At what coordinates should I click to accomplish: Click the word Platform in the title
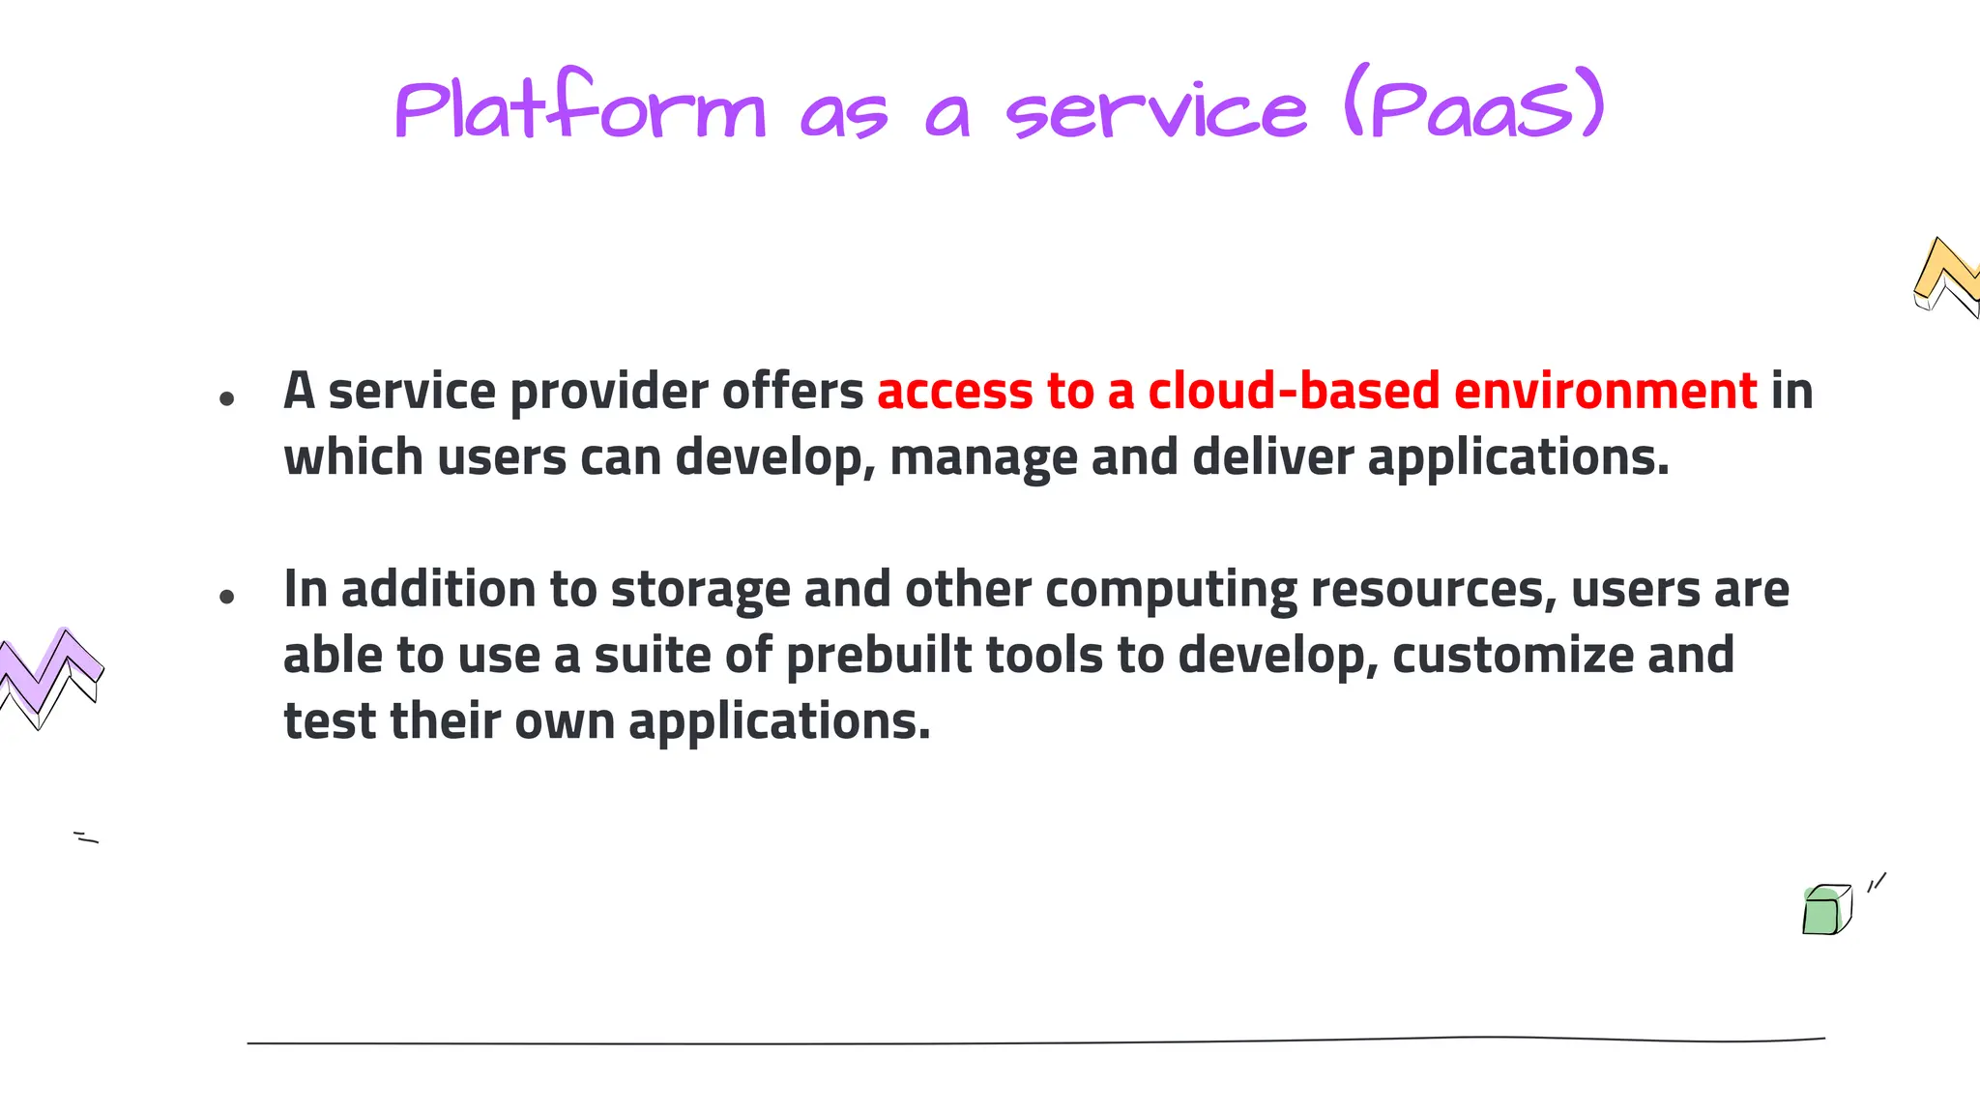coord(580,108)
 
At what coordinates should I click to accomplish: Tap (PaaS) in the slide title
coord(1474,104)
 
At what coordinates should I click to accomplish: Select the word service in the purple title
coord(1155,111)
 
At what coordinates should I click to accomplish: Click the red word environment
coord(1605,392)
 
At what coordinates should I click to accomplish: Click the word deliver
coord(1272,456)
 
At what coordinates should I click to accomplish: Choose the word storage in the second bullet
coord(700,591)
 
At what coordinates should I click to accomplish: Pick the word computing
coord(1171,591)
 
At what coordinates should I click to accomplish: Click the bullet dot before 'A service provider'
coord(227,397)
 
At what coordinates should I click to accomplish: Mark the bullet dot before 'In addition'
coord(227,597)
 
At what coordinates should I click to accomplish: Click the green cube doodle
coord(1825,911)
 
